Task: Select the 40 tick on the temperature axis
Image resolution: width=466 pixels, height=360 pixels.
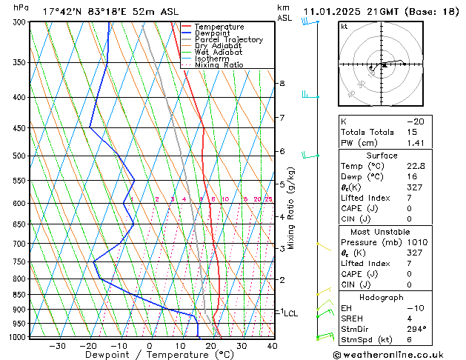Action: (x=272, y=345)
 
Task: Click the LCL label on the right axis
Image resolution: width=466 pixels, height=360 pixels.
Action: (x=291, y=313)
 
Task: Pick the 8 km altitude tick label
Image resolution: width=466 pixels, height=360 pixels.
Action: (x=282, y=84)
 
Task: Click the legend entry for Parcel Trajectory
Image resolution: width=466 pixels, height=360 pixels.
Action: (x=228, y=40)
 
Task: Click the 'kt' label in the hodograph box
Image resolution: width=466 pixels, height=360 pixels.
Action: (x=344, y=26)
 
